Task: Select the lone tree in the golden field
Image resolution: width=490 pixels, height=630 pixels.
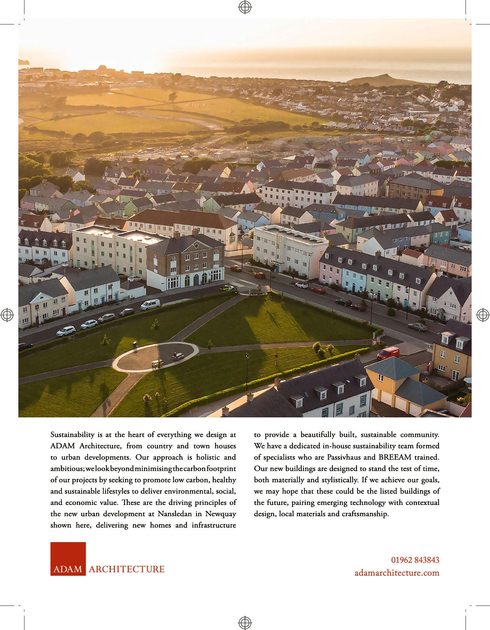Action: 173,97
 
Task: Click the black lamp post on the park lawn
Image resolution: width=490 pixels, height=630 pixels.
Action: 247,365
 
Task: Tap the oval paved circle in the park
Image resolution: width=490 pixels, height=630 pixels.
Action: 156,357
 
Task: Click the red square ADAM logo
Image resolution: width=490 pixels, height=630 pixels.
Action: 68,559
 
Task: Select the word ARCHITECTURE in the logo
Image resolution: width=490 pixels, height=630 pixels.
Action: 126,569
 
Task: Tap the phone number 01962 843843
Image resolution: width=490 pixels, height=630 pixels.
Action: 415,560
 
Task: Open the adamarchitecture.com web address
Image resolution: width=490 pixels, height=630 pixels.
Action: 397,573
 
